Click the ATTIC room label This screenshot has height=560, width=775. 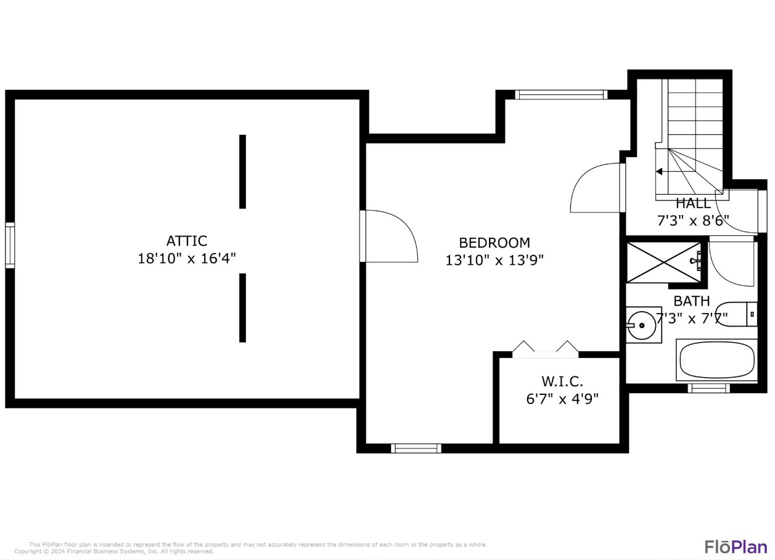[x=186, y=241]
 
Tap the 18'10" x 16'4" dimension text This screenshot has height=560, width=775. [x=186, y=259]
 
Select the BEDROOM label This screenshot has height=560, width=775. [x=494, y=243]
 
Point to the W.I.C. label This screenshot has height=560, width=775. [x=562, y=381]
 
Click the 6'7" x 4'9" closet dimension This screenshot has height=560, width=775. [x=562, y=399]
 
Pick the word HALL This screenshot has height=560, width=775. [x=693, y=203]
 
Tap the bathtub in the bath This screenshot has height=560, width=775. [x=717, y=360]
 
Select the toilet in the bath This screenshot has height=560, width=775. [x=737, y=314]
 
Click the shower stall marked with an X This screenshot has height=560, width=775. [x=664, y=262]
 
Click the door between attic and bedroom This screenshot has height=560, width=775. [x=389, y=237]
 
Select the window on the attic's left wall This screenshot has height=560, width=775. [x=10, y=245]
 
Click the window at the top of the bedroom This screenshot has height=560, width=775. [x=561, y=95]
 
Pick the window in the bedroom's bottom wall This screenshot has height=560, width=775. [x=416, y=448]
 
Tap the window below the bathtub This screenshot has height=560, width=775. [x=708, y=388]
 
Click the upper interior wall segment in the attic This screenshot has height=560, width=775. [x=242, y=172]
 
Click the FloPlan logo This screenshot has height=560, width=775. [x=736, y=546]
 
